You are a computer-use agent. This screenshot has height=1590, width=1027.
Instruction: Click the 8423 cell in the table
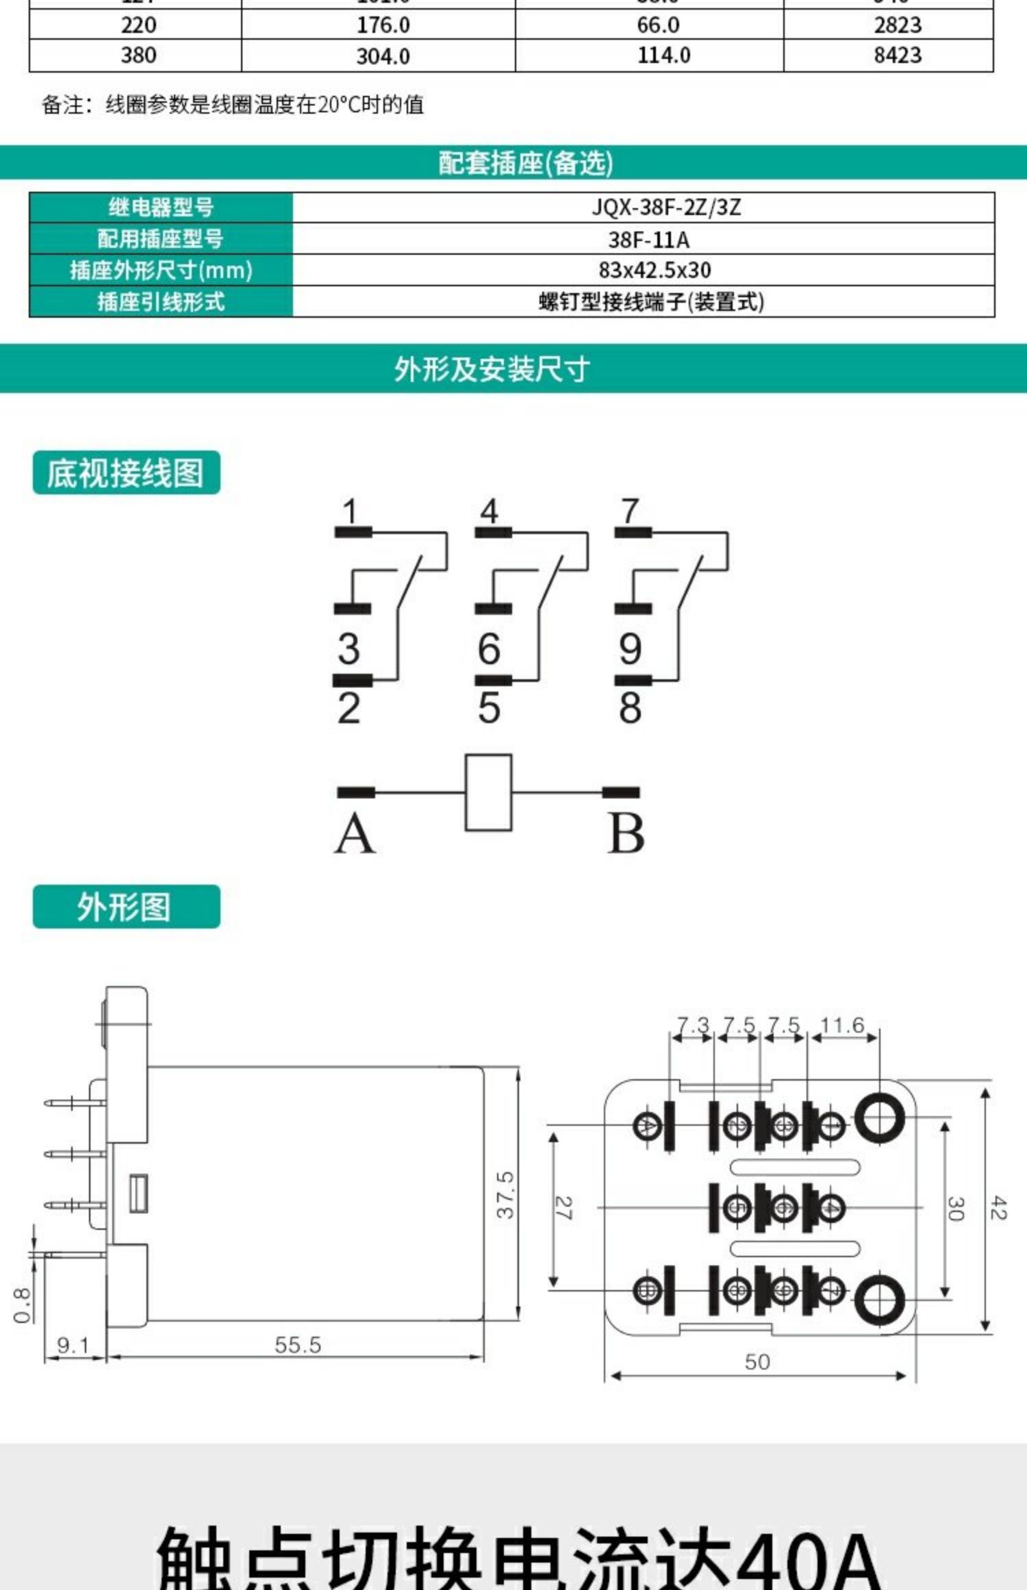(x=897, y=55)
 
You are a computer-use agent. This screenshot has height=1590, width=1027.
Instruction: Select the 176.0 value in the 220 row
(x=383, y=25)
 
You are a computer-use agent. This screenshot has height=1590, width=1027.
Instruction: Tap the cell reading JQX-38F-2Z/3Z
(x=665, y=207)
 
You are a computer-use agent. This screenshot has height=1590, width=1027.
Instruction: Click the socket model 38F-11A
(x=648, y=240)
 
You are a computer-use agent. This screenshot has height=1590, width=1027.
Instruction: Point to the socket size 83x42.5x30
(x=655, y=270)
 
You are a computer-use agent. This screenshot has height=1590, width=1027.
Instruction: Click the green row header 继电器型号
(x=161, y=207)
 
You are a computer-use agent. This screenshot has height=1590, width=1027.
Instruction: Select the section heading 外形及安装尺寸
(x=492, y=369)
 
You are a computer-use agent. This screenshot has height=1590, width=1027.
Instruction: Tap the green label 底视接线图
(x=126, y=472)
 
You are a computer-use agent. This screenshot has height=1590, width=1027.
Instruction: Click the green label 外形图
(x=126, y=907)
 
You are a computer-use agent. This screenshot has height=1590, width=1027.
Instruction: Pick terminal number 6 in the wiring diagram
(x=489, y=648)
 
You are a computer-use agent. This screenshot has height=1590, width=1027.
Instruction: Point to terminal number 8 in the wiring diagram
(x=630, y=707)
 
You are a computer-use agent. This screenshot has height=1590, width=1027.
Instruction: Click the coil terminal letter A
(x=355, y=835)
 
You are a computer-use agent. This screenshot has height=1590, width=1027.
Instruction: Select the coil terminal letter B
(x=626, y=835)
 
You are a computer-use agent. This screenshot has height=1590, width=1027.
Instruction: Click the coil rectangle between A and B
(x=488, y=792)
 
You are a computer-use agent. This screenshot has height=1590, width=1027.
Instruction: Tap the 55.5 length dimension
(x=298, y=1344)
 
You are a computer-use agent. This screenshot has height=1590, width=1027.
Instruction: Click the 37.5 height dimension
(x=505, y=1194)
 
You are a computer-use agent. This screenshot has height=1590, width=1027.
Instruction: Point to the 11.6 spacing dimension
(x=842, y=1025)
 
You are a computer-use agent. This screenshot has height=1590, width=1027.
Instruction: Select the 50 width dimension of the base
(x=757, y=1361)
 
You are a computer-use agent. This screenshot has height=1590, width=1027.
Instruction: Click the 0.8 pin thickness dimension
(x=22, y=1304)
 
